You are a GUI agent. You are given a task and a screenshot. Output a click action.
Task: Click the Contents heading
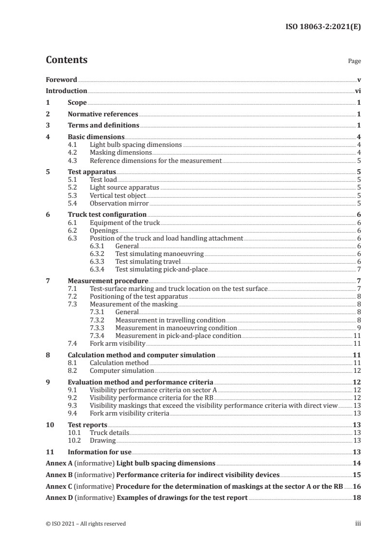point(67,61)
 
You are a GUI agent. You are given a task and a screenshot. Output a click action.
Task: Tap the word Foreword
point(61,80)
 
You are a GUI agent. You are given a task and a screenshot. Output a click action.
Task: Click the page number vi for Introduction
point(357,91)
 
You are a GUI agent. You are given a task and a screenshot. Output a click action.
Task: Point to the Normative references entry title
point(103,114)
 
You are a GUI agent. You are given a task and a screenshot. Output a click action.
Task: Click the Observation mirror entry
point(119,204)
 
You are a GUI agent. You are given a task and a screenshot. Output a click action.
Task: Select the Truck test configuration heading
point(107,214)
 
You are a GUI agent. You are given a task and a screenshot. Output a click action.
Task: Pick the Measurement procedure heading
point(108,281)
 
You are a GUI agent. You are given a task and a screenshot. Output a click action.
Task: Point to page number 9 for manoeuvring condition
point(358,328)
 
